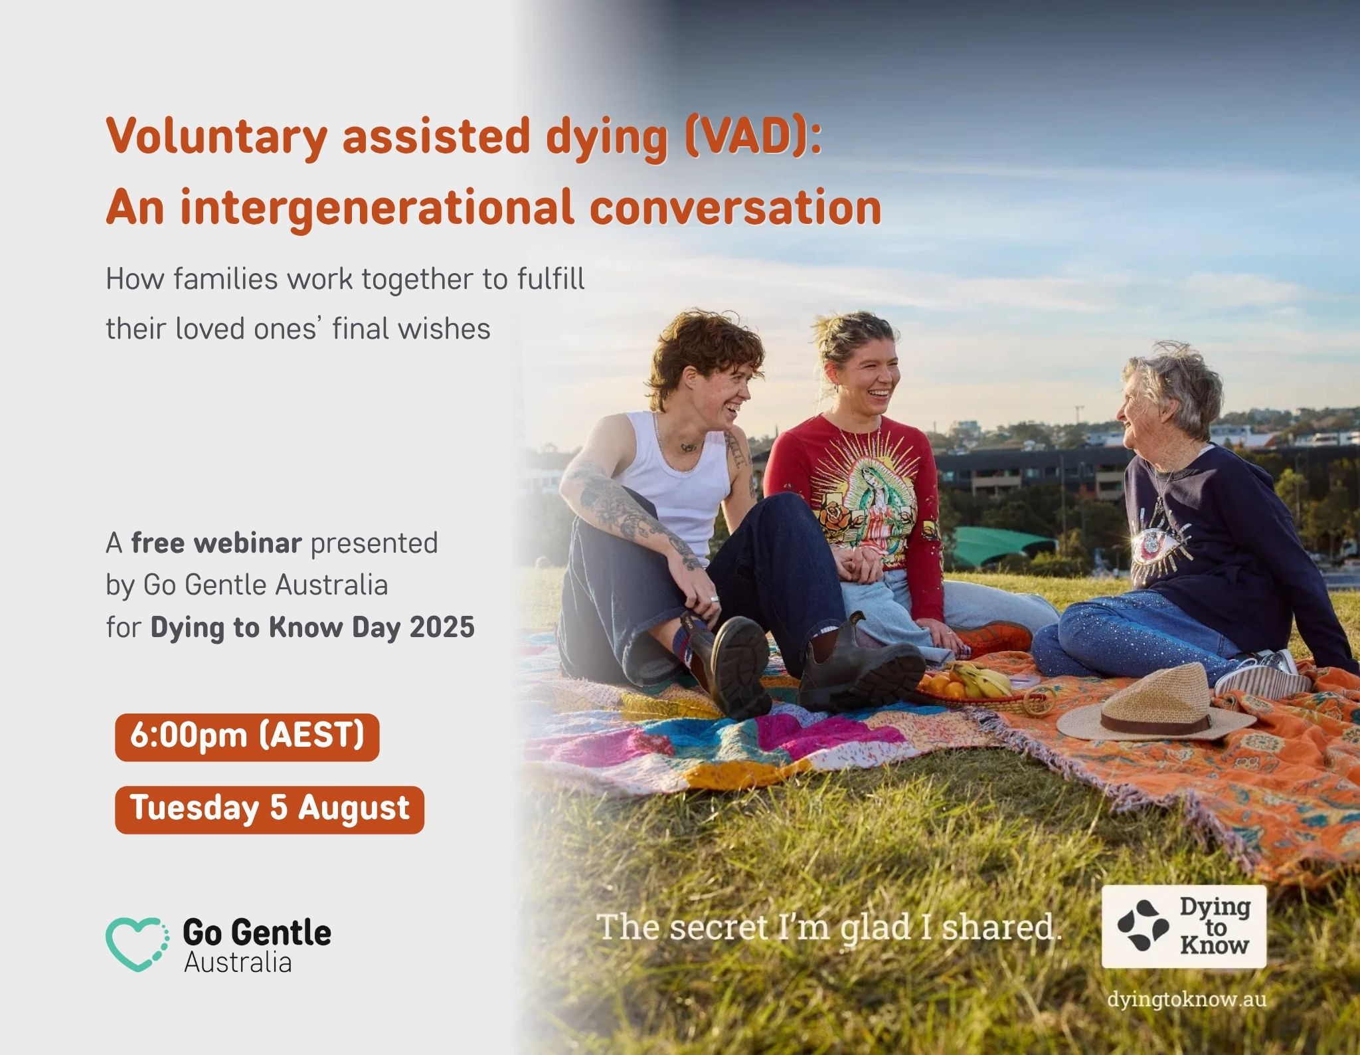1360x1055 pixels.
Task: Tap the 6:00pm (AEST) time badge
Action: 247,737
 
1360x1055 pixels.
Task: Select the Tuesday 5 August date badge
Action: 270,809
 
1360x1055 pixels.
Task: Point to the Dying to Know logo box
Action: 1183,926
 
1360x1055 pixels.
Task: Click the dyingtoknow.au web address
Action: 1187,1000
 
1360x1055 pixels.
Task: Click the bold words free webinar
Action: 216,543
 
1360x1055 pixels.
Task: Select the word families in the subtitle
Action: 226,279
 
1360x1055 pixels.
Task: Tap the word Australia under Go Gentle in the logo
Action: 238,963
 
